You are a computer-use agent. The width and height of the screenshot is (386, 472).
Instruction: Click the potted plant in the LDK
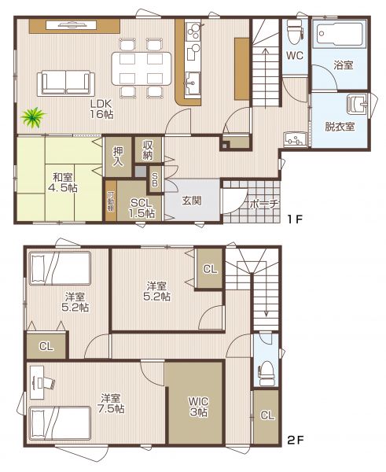click(33, 116)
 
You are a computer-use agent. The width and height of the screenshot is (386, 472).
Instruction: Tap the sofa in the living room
click(66, 83)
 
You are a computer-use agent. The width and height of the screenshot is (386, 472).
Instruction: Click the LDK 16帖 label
click(101, 109)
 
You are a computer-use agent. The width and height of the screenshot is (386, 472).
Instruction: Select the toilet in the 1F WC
click(295, 31)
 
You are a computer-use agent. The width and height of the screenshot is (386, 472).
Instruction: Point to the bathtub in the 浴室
click(340, 33)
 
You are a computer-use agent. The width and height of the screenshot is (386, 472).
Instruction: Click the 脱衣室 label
click(340, 127)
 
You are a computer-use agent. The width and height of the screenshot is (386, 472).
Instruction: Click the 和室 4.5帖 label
click(63, 183)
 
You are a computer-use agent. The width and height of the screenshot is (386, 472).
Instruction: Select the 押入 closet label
click(118, 157)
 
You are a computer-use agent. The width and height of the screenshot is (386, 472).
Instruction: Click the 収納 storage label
click(148, 150)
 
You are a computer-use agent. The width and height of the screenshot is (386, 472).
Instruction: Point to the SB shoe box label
click(154, 180)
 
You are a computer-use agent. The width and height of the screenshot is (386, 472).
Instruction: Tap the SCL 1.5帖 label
click(142, 208)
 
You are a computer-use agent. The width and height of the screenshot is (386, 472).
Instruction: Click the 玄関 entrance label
click(192, 201)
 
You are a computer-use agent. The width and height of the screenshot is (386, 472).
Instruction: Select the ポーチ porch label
click(265, 204)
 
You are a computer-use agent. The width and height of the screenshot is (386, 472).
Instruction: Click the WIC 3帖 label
click(199, 407)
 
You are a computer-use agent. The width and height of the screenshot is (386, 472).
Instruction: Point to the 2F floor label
click(295, 441)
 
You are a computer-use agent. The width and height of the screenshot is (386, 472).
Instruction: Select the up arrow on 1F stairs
click(266, 78)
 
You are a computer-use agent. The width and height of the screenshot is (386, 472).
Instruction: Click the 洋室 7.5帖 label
click(112, 404)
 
